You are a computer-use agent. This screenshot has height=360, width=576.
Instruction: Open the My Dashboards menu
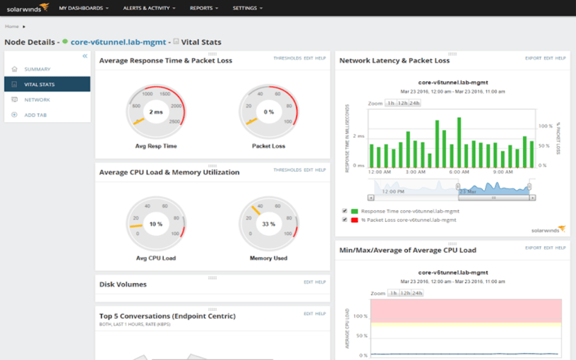[x=83, y=8]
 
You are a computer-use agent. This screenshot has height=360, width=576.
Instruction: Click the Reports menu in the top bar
[x=203, y=8]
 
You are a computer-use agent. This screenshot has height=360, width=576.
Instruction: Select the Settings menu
[x=247, y=8]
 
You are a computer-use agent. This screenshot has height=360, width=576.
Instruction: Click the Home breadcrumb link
[x=12, y=26]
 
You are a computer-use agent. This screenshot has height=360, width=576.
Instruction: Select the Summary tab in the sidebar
[x=37, y=69]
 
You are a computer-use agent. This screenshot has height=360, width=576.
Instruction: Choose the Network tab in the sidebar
[x=37, y=100]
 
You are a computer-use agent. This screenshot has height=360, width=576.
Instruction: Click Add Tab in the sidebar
[x=36, y=114]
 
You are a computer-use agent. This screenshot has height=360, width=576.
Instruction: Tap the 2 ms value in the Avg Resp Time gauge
[x=156, y=112]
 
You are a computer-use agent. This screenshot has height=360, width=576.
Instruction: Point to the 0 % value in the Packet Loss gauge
[x=268, y=112]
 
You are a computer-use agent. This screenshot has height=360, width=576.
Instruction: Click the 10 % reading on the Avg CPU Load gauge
[x=156, y=223]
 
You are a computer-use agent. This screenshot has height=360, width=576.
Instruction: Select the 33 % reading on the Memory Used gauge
[x=268, y=223]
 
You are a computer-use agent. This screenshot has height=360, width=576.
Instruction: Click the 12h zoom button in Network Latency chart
[x=401, y=103]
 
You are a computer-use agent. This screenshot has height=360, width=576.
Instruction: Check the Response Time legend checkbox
[x=344, y=210]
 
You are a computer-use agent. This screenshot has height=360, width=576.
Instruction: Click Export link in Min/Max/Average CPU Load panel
[x=533, y=248]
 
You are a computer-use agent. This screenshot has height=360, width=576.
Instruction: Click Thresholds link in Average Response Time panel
[x=287, y=58]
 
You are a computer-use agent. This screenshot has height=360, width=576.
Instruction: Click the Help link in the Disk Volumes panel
[x=320, y=282]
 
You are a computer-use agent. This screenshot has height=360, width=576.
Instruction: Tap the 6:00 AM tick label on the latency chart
[x=460, y=172]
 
